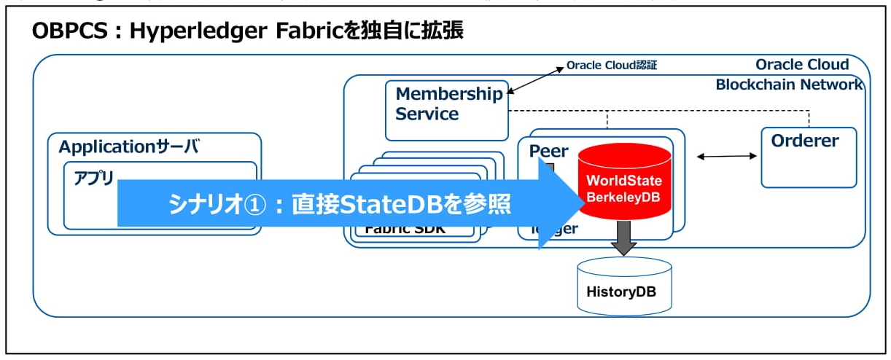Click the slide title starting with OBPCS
[x=248, y=31]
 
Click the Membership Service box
[x=446, y=110]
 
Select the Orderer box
[x=808, y=157]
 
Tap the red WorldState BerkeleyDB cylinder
[x=624, y=182]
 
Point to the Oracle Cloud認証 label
[x=611, y=66]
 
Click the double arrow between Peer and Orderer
[x=727, y=156]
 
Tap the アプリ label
[x=94, y=178]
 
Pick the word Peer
[x=549, y=151]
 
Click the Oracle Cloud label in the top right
[x=802, y=64]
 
